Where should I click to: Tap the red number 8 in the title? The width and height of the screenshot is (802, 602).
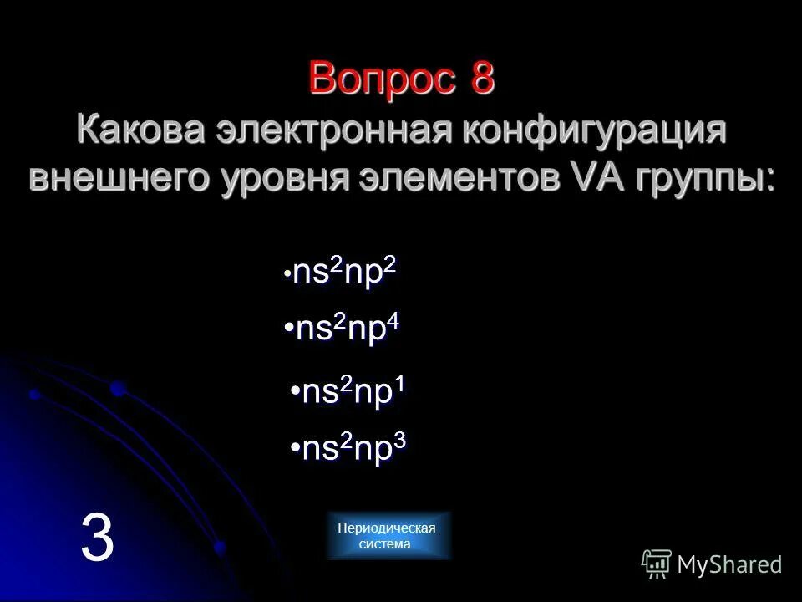pyautogui.click(x=482, y=79)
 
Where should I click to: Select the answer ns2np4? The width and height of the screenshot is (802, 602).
pyautogui.click(x=346, y=329)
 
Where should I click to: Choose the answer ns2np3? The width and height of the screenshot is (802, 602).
pyautogui.click(x=353, y=448)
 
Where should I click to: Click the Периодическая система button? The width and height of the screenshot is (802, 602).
pyautogui.click(x=387, y=535)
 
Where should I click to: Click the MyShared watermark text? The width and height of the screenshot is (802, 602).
pyautogui.click(x=729, y=564)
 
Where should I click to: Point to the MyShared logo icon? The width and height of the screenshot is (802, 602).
pyautogui.click(x=657, y=564)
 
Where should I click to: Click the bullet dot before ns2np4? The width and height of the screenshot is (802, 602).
pyautogui.click(x=288, y=329)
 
